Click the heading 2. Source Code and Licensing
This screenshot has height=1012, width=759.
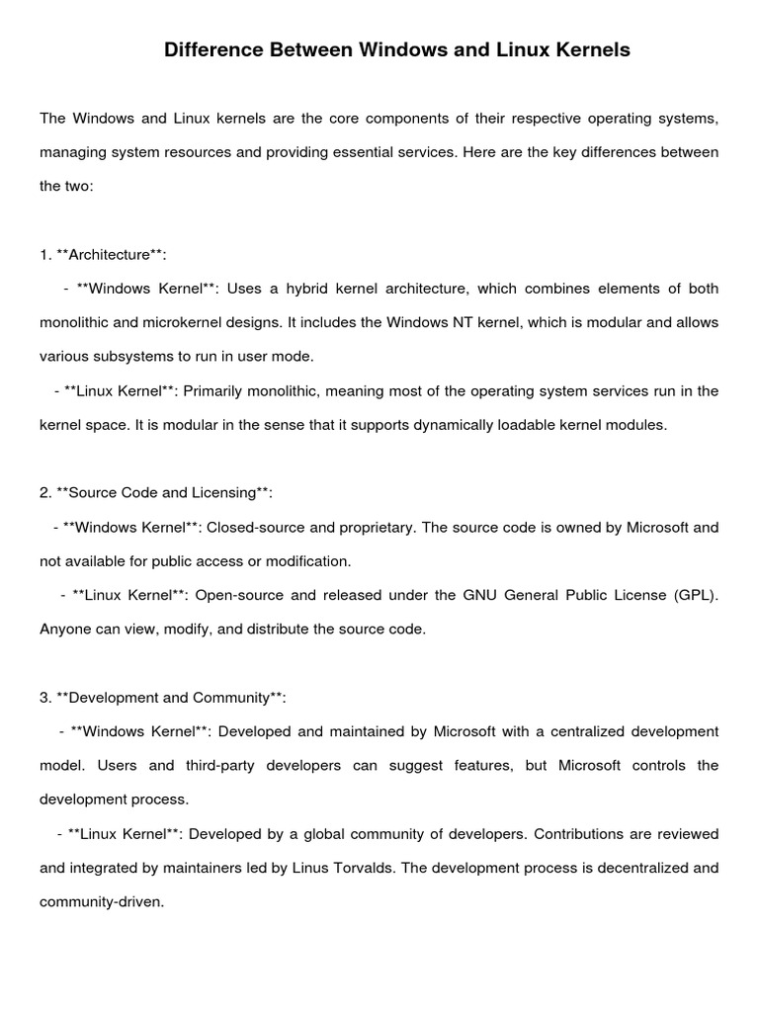(156, 493)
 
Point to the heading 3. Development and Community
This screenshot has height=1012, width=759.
(163, 698)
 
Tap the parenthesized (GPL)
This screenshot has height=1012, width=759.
(695, 596)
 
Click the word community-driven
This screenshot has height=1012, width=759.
(100, 902)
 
